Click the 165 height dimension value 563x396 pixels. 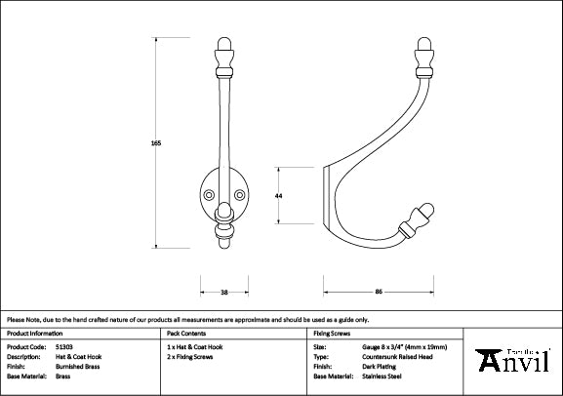coord(155,143)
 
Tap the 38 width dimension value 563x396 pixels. coord(223,292)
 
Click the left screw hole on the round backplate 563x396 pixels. coord(209,194)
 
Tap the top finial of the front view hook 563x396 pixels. coord(223,52)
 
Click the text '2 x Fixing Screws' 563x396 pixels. coord(191,356)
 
